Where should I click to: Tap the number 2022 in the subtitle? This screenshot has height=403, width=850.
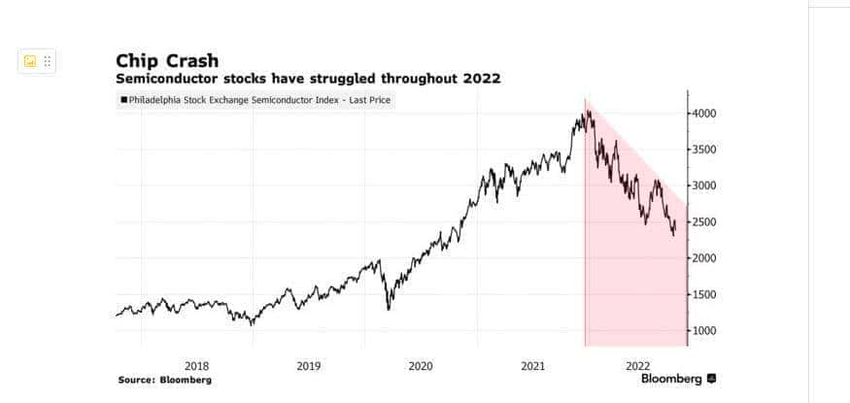480,78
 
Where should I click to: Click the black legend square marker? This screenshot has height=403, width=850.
123,99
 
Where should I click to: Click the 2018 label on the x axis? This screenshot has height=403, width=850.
196,366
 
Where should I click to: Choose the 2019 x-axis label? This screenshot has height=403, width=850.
308,366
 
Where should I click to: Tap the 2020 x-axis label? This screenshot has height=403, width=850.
420,366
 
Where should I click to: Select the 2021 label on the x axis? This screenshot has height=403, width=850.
532,366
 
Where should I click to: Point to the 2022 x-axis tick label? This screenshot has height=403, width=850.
637,366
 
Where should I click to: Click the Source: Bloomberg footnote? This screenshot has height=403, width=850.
164,380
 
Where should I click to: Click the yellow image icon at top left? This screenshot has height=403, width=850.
29,61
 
